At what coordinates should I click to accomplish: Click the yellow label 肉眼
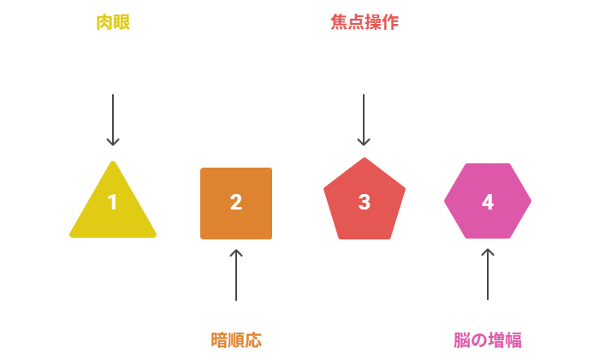coord(113,22)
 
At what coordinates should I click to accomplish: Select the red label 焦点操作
coord(365,22)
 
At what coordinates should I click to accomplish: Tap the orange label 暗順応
coord(236,340)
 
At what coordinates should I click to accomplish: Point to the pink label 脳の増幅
coord(487,340)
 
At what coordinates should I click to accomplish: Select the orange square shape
coord(236,204)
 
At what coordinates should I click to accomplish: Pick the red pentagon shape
coord(365,201)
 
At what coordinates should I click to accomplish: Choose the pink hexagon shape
coord(488,201)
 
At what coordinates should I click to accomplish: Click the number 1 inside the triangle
coord(113,202)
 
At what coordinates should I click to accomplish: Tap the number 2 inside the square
coord(236,202)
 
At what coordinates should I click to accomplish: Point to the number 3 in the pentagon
coord(365,202)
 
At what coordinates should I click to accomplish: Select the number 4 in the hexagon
coord(488,202)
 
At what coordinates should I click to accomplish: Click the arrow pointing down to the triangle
coord(113,120)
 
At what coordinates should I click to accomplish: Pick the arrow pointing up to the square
coord(236,274)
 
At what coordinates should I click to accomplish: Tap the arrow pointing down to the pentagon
coord(364,120)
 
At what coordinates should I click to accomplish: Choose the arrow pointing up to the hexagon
coord(488,274)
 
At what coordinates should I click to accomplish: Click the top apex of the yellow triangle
coord(113,161)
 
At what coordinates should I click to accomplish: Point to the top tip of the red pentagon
coord(365,158)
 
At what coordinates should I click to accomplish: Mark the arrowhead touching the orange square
coord(236,252)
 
